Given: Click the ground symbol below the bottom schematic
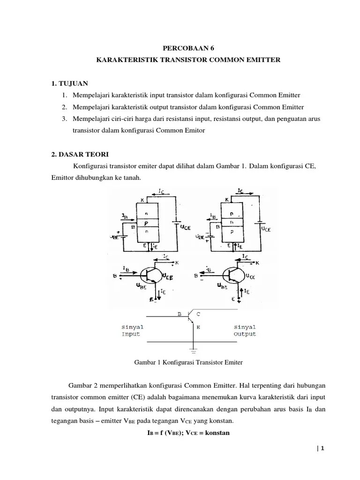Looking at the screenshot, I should point(193,350).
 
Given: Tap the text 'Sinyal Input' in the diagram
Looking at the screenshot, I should point(133,330).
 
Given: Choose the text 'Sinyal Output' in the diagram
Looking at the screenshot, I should point(245,330).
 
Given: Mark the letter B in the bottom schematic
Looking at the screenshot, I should point(179,315).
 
